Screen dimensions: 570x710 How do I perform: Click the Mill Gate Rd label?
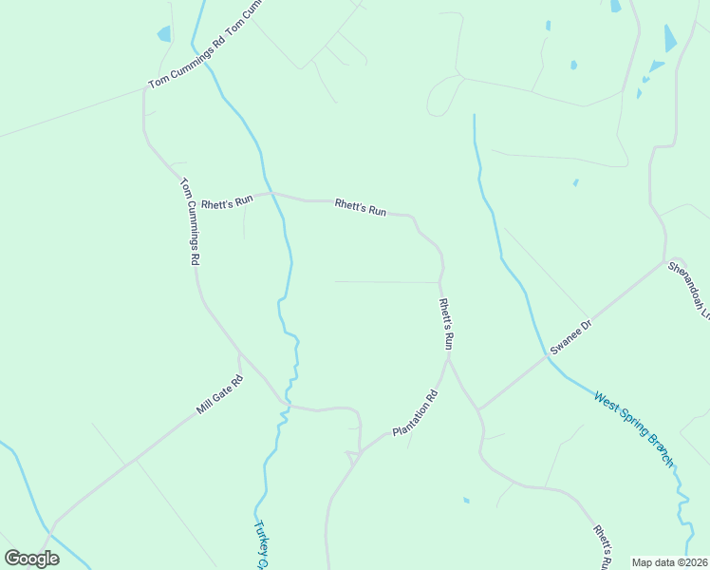pyautogui.click(x=220, y=394)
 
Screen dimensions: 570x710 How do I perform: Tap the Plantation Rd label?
pyautogui.click(x=416, y=415)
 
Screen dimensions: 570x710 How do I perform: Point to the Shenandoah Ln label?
pyautogui.click(x=689, y=288)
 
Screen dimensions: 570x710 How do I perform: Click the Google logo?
pyautogui.click(x=31, y=559)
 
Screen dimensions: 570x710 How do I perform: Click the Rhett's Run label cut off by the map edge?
pyautogui.click(x=600, y=547)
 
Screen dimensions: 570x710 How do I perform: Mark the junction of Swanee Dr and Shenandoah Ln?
pyautogui.click(x=664, y=261)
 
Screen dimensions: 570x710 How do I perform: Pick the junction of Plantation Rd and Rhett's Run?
pyautogui.click(x=447, y=358)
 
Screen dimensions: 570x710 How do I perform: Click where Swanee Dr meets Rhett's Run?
pyautogui.click(x=478, y=409)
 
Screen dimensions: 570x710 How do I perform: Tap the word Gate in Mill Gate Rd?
pyautogui.click(x=220, y=394)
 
